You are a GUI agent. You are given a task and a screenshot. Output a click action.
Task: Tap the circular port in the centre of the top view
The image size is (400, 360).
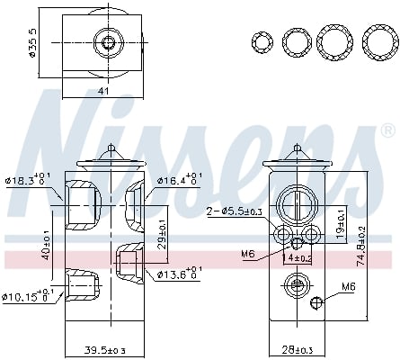[109, 42]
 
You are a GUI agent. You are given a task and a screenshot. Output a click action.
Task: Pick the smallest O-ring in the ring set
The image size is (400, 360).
[262, 42]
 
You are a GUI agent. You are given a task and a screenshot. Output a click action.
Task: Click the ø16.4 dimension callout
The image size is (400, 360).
[181, 181]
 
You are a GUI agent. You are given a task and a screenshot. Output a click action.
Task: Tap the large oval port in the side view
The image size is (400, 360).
[298, 204]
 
